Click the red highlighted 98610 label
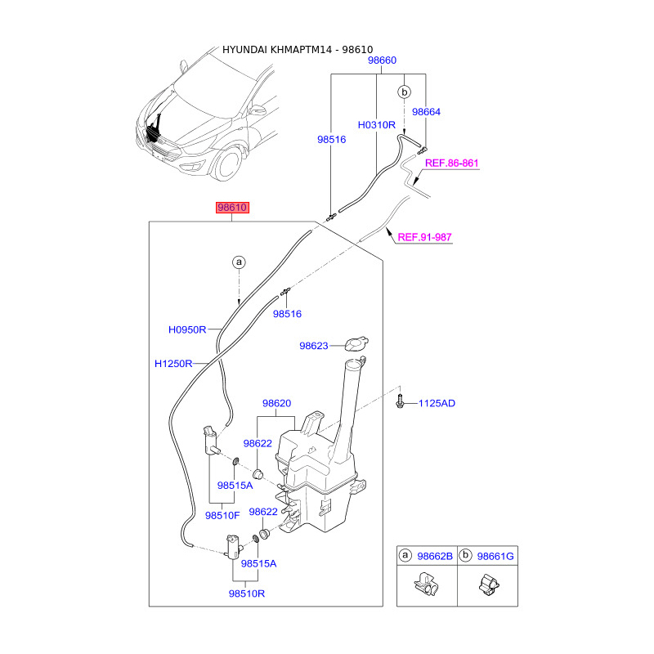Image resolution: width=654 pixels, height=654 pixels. pos(231,208)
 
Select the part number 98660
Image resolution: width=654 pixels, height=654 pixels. pos(382,61)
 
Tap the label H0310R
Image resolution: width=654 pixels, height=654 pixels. pos(376,125)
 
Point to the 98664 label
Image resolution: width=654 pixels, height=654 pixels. pos(426,112)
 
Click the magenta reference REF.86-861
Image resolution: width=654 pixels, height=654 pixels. pos(451,163)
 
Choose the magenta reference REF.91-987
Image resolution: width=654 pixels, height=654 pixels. pos(424,238)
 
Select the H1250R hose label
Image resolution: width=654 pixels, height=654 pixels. pos(173,363)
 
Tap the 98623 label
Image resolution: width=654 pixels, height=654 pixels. pos(313,346)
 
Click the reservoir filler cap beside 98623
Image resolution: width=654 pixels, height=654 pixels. pos(356,343)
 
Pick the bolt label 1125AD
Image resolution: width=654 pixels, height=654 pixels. pos(437,404)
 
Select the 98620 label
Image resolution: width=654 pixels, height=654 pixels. pos(277,403)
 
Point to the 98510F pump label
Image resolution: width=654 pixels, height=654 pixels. pos(222,515)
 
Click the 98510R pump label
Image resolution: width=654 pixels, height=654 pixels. pos(247,594)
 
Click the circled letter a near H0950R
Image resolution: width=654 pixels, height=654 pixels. pos(238,262)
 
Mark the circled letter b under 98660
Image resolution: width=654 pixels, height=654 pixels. pos(404,92)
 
